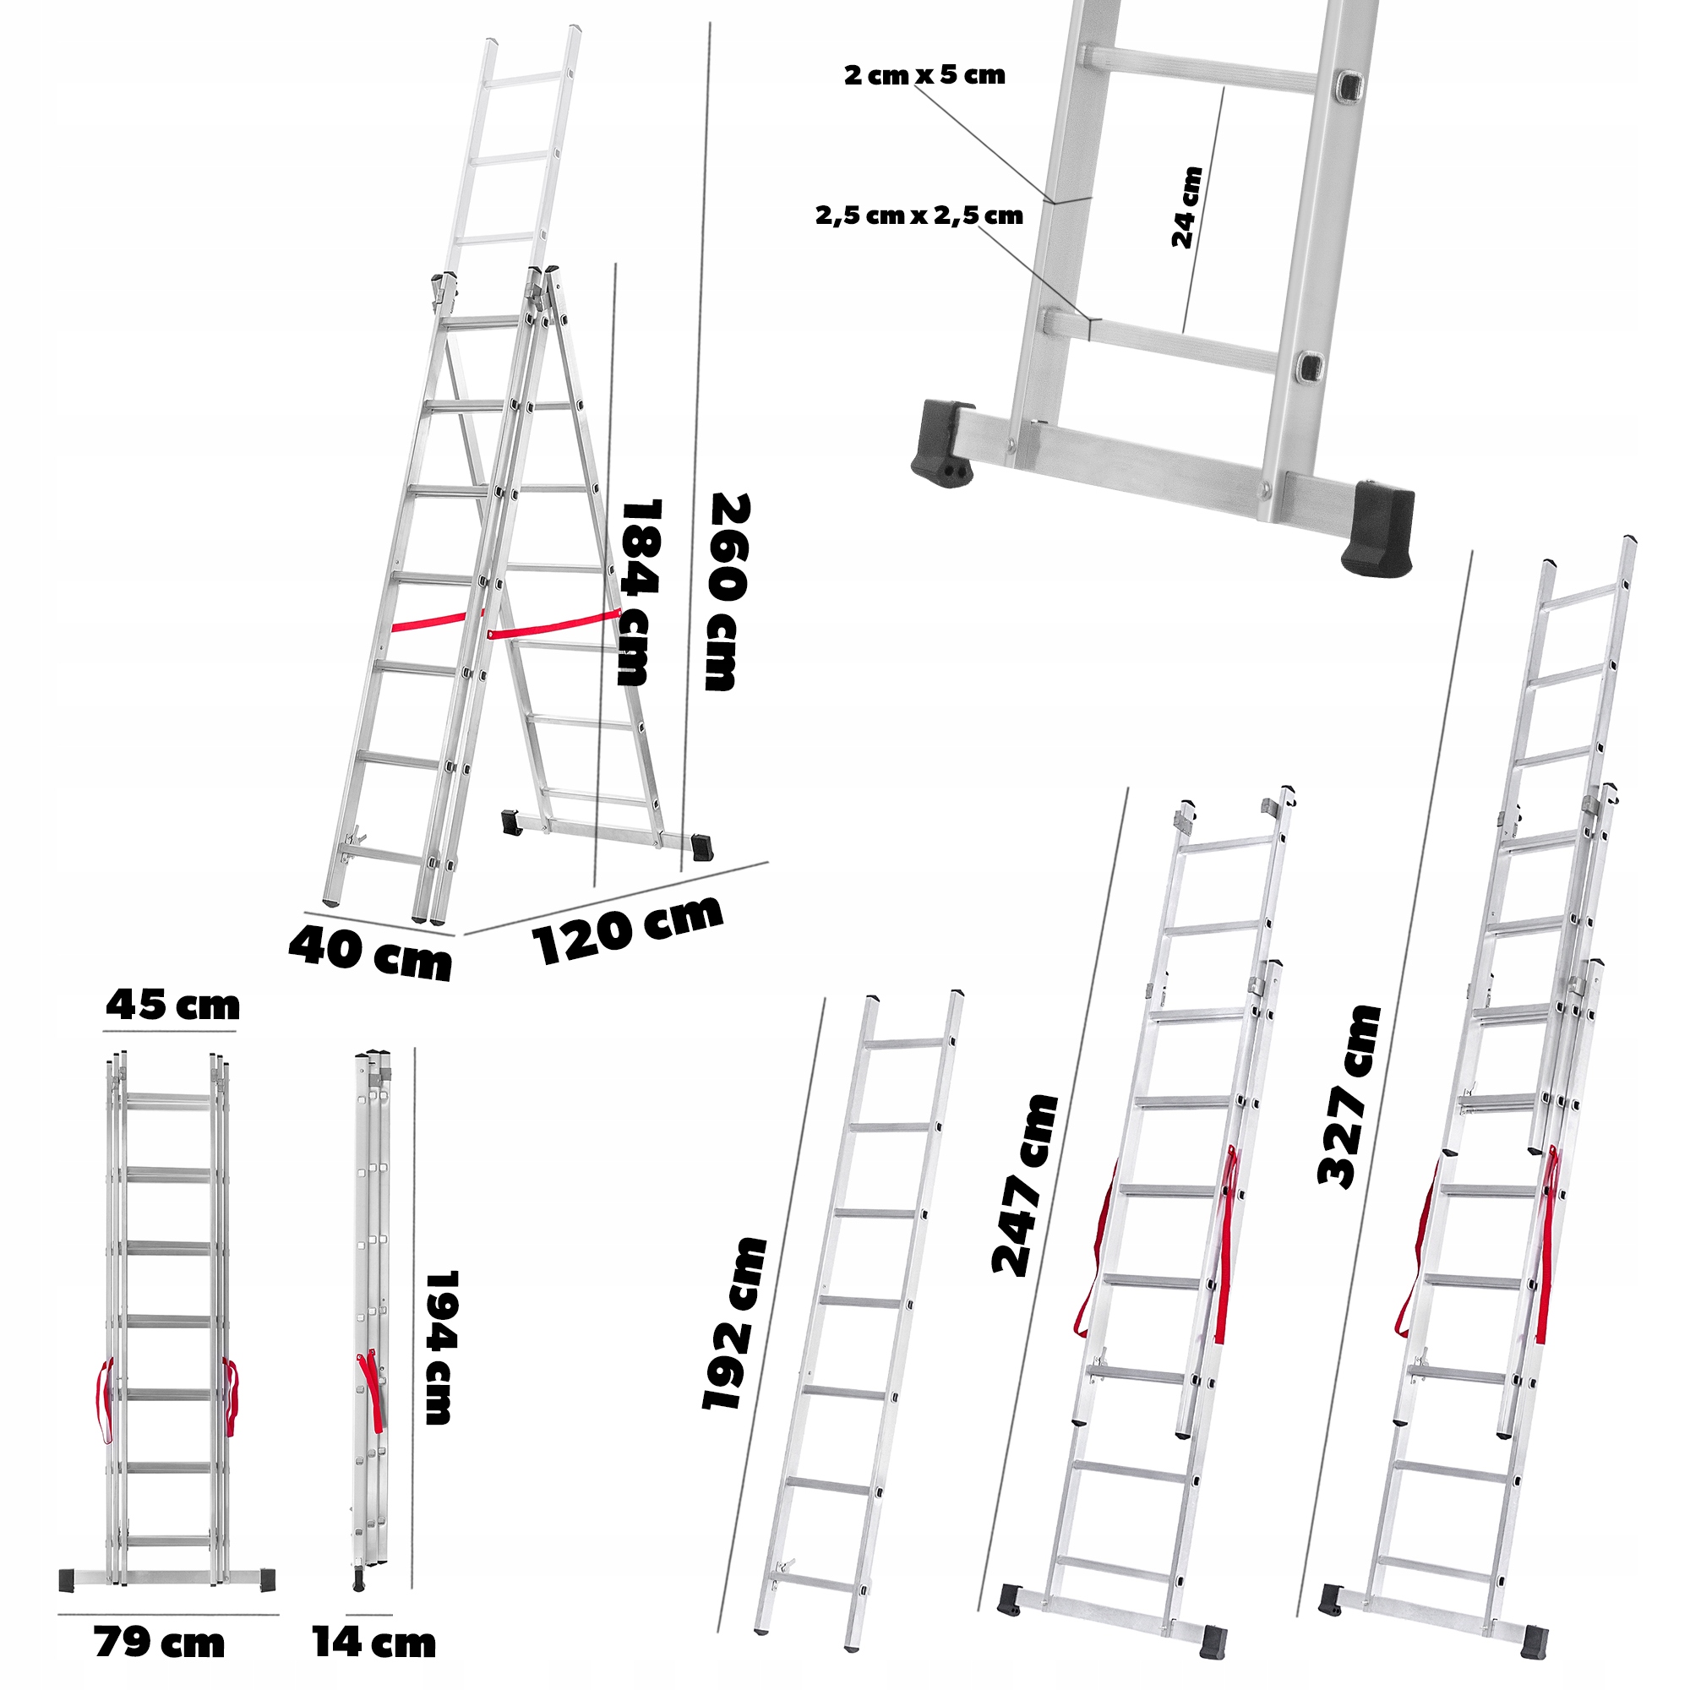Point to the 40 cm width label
(370, 953)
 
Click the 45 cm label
(172, 1005)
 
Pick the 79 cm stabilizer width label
(159, 1643)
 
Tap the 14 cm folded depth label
(374, 1643)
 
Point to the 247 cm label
(1024, 1185)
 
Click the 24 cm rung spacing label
(1187, 207)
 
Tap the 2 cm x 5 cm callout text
(924, 75)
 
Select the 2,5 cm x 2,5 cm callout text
(919, 215)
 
